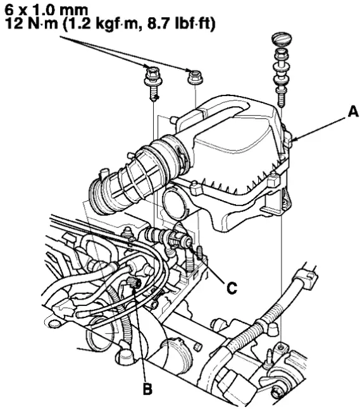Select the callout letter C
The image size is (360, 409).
coord(232,288)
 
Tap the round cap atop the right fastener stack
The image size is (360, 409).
coord(281,39)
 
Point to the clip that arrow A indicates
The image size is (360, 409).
coord(287,138)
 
